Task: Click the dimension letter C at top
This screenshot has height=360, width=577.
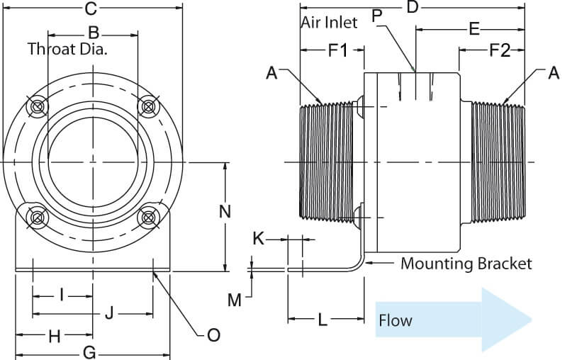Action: [x=90, y=9]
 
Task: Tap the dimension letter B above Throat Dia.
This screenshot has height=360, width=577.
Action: [x=93, y=32]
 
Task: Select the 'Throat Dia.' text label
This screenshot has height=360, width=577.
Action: [x=71, y=49]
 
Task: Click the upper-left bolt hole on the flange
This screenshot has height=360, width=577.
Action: [x=37, y=106]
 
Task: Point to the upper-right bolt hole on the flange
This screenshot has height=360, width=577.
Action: [x=147, y=106]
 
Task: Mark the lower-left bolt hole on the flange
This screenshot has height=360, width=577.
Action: [x=34, y=217]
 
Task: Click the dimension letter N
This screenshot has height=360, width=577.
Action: [x=225, y=211]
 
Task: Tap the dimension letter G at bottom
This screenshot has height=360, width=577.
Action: [x=89, y=352]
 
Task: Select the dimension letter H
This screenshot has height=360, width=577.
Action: [x=54, y=337]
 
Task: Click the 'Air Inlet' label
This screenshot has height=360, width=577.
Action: [x=330, y=23]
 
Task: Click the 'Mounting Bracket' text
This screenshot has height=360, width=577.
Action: [x=466, y=264]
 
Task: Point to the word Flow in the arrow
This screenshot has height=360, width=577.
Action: [x=395, y=320]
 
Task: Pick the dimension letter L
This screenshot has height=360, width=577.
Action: [x=322, y=320]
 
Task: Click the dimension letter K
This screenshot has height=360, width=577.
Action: [x=259, y=240]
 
